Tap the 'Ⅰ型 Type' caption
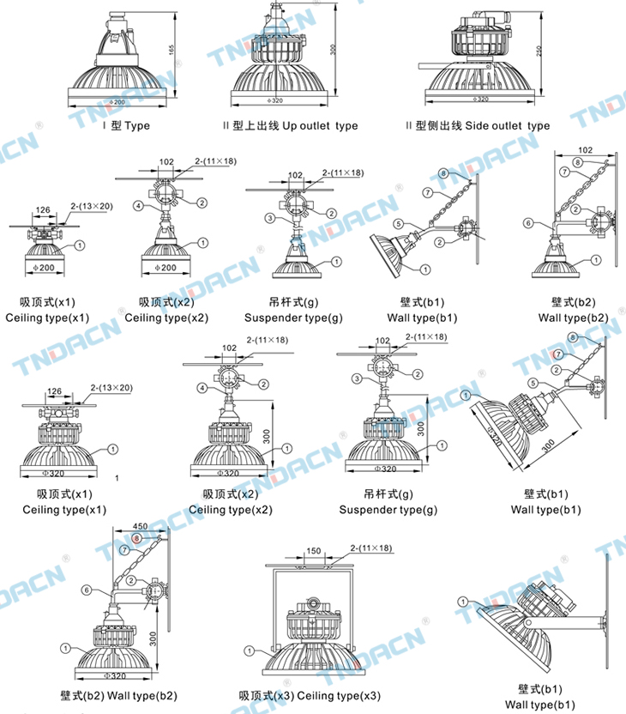126,125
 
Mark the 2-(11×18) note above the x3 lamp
370,548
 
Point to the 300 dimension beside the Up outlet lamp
334,47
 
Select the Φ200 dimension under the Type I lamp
118,101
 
